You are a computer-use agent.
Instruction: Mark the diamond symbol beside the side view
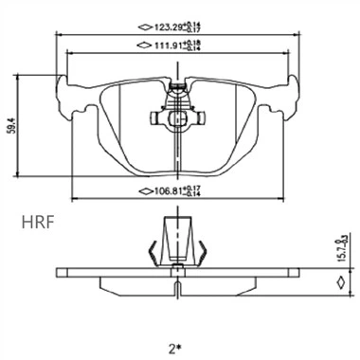tap(337, 280)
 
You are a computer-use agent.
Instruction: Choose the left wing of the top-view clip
tap(157, 119)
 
